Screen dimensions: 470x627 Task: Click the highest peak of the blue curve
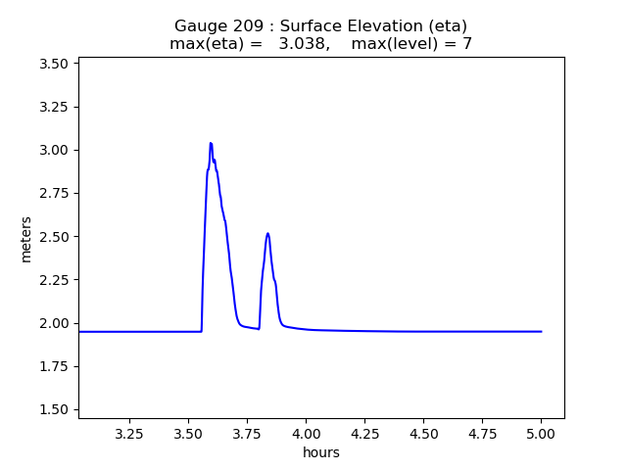[211, 143]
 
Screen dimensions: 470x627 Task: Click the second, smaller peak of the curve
[267, 233]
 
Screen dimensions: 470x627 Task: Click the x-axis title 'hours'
[321, 452]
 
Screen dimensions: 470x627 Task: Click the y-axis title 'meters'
[25, 239]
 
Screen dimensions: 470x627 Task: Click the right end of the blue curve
[541, 332]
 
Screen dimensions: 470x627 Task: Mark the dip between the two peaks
[259, 329]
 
